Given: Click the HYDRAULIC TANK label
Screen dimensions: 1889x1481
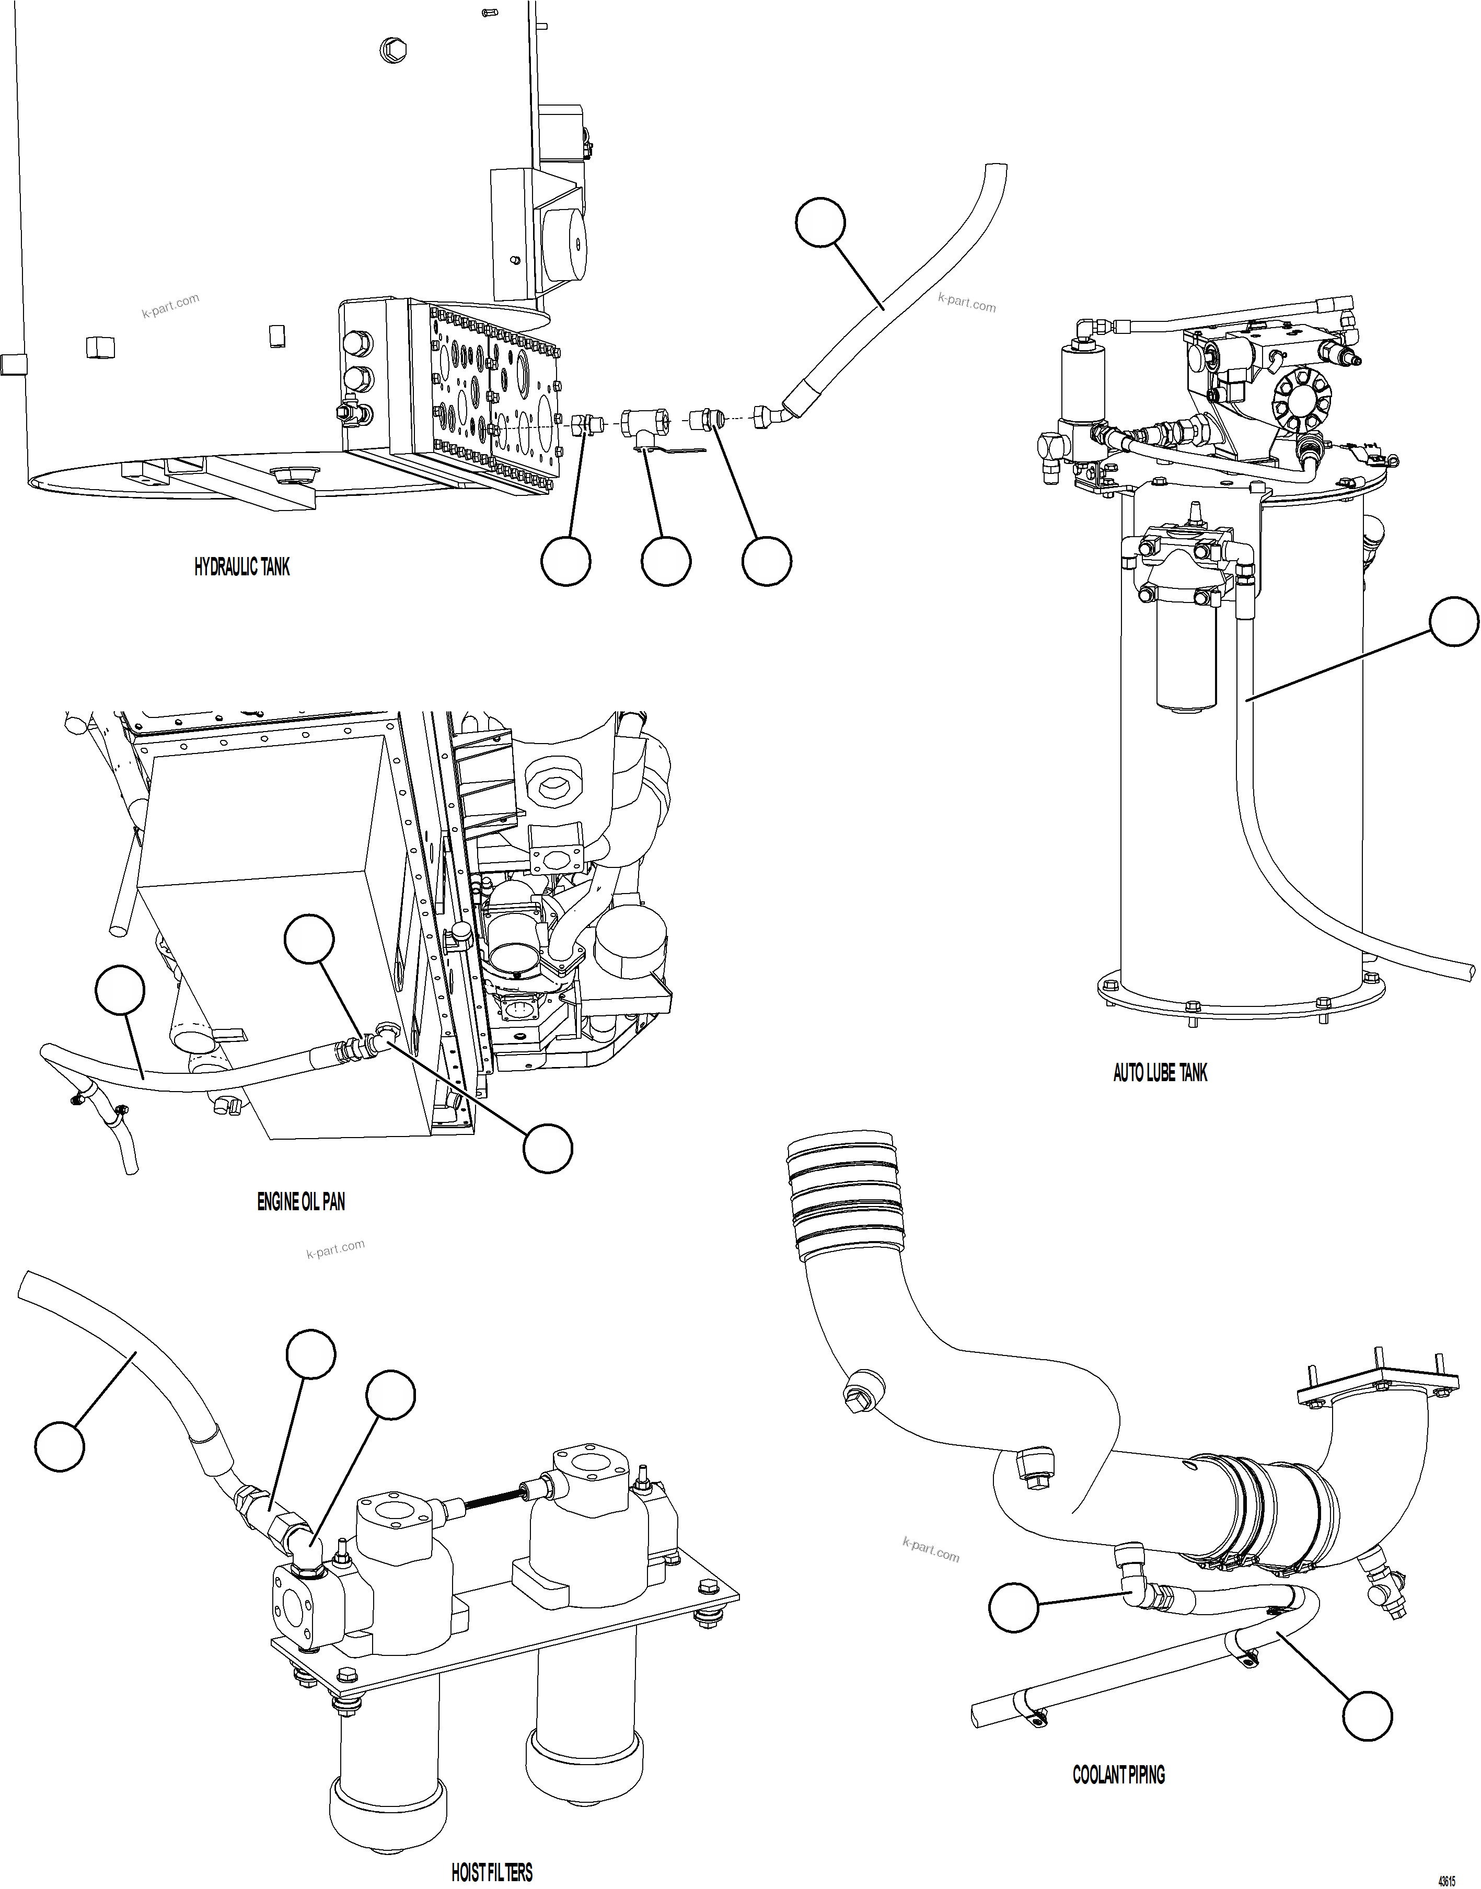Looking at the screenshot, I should (242, 567).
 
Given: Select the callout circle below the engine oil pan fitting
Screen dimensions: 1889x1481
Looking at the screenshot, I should (547, 1149).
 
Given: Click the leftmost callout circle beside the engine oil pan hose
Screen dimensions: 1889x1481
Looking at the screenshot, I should (120, 990).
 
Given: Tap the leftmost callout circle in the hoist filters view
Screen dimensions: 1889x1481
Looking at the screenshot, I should (60, 1446).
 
